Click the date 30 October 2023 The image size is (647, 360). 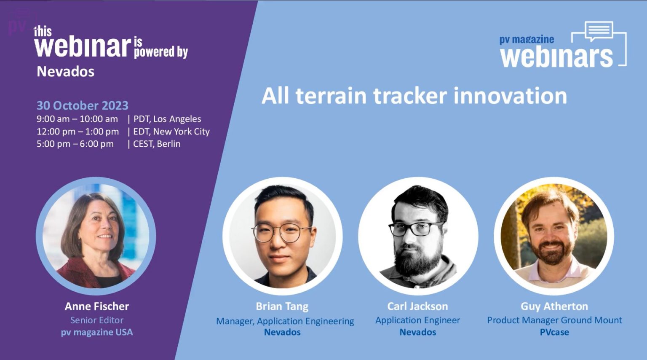82,105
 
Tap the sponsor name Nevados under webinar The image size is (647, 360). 65,72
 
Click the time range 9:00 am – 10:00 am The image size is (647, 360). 77,119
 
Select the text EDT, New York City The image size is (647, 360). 171,132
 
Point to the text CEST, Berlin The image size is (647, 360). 157,144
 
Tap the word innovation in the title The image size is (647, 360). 510,96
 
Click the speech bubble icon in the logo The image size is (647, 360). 599,31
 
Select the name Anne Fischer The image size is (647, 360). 97,306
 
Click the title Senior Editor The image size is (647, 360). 97,320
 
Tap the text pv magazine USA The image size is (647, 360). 97,332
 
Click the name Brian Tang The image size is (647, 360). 282,306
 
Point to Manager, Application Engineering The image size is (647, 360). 285,321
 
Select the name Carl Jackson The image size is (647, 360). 417,306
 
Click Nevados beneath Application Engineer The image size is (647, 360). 417,332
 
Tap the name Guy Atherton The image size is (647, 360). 554,306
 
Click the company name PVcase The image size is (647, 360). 554,332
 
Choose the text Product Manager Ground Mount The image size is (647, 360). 554,320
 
